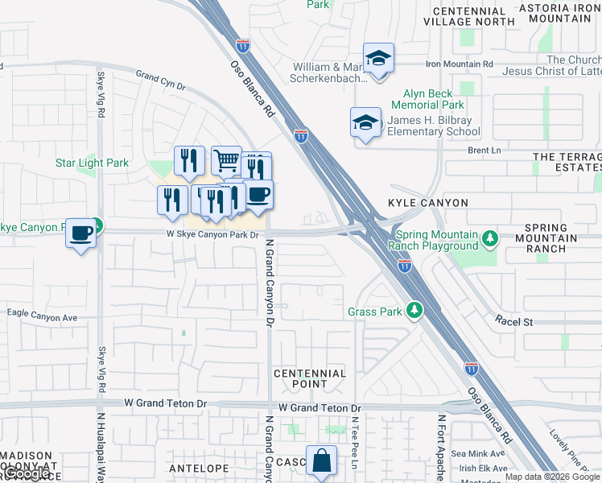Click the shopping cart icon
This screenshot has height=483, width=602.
[227, 160]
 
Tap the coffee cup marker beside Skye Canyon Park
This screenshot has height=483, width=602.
[80, 233]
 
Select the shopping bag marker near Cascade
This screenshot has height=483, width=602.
[321, 461]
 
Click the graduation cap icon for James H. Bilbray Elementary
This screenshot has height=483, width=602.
[366, 122]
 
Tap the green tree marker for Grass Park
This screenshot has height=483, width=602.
[414, 310]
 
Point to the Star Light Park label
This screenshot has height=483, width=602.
[92, 163]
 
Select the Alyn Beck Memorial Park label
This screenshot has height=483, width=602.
[427, 99]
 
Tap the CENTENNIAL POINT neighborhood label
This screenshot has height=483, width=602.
[310, 379]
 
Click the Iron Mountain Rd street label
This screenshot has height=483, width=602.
[459, 64]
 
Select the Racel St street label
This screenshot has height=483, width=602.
[514, 321]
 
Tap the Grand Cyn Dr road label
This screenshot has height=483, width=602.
[160, 80]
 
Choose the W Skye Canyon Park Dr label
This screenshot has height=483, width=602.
[212, 235]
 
